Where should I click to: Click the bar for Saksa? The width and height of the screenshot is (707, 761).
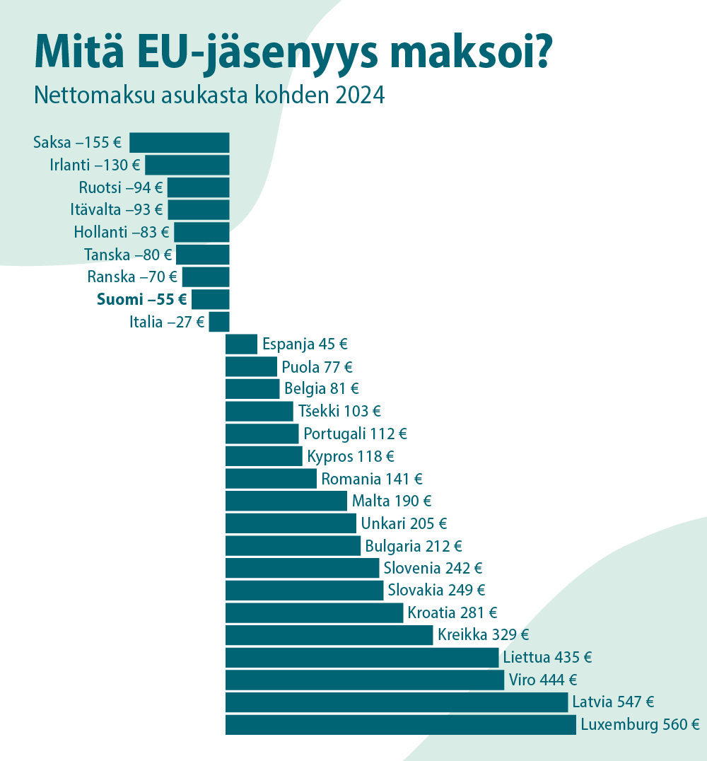pos(180,142)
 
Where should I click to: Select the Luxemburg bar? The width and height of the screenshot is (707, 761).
pos(400,725)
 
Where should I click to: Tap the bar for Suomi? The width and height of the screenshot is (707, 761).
pos(211,299)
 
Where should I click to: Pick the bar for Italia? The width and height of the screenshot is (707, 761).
pos(219,322)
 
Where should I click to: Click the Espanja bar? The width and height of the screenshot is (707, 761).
pos(241,344)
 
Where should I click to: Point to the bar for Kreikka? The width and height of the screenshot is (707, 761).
pos(329,635)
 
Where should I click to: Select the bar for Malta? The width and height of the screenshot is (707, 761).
pos(286,501)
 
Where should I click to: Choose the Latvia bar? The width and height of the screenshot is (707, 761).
pos(396,702)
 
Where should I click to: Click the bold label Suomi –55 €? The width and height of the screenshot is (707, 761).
pos(141,299)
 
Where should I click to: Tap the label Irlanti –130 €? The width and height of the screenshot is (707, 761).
pos(95,165)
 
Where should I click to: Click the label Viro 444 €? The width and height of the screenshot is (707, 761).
pos(542,680)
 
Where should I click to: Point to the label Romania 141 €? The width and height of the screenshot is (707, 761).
pos(371,479)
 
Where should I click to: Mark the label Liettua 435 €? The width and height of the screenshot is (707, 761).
pos(547,658)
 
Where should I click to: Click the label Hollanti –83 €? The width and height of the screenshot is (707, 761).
pos(121,232)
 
